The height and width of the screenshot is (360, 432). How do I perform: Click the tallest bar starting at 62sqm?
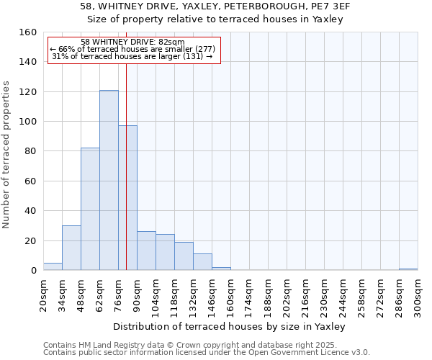click(109, 180)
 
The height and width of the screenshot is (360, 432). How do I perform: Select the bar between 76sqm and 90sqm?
click(127, 198)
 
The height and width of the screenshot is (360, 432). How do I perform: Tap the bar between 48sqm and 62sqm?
click(90, 209)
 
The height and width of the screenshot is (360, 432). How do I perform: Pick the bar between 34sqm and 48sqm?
click(71, 248)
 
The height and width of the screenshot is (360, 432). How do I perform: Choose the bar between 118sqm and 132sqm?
click(184, 256)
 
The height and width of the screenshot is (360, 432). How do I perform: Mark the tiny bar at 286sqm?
click(408, 269)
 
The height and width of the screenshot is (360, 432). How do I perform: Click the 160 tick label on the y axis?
click(28, 32)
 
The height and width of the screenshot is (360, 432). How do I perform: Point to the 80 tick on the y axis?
click(31, 151)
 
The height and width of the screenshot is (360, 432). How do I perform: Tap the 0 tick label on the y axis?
click(33, 271)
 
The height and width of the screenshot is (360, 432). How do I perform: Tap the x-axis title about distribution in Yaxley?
click(230, 327)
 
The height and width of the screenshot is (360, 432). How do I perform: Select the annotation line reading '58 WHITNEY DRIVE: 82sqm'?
click(132, 42)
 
